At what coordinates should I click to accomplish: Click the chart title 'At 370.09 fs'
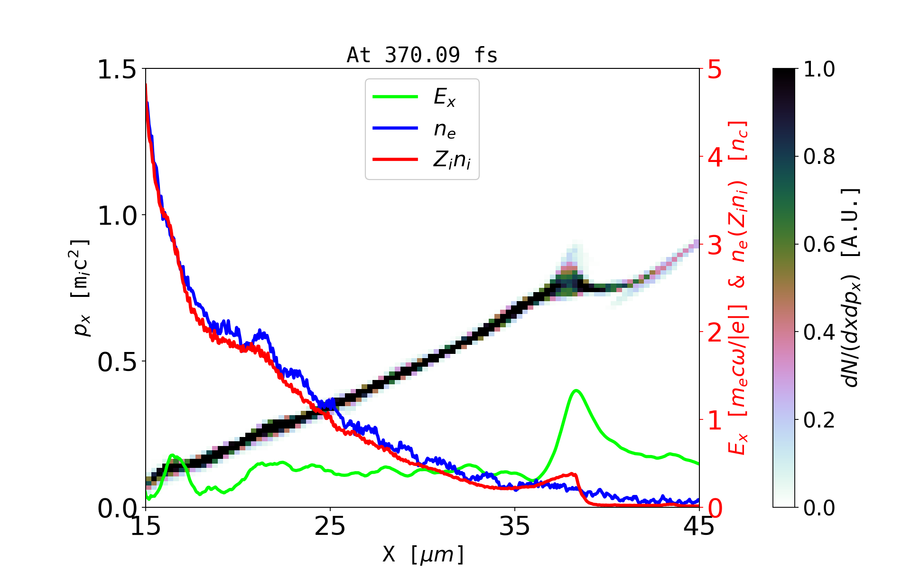pos(422,56)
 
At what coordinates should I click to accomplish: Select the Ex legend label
pos(444,97)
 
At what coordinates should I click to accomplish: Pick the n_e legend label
pos(444,129)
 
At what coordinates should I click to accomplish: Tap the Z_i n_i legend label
pos(452,161)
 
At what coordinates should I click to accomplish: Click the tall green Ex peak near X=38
pos(576,391)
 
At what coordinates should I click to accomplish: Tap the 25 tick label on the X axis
pos(330,526)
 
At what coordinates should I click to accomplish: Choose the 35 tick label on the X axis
pos(515,526)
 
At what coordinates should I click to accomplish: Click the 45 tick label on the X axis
pos(699,526)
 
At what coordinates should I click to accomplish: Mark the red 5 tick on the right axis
pos(715,70)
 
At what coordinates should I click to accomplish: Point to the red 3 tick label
pos(715,245)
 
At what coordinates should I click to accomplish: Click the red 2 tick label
pos(715,333)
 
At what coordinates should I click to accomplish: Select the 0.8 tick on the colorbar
pos(819,157)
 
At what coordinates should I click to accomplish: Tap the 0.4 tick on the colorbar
pos(819,332)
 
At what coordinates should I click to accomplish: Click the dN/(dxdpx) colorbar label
pos(851,288)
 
